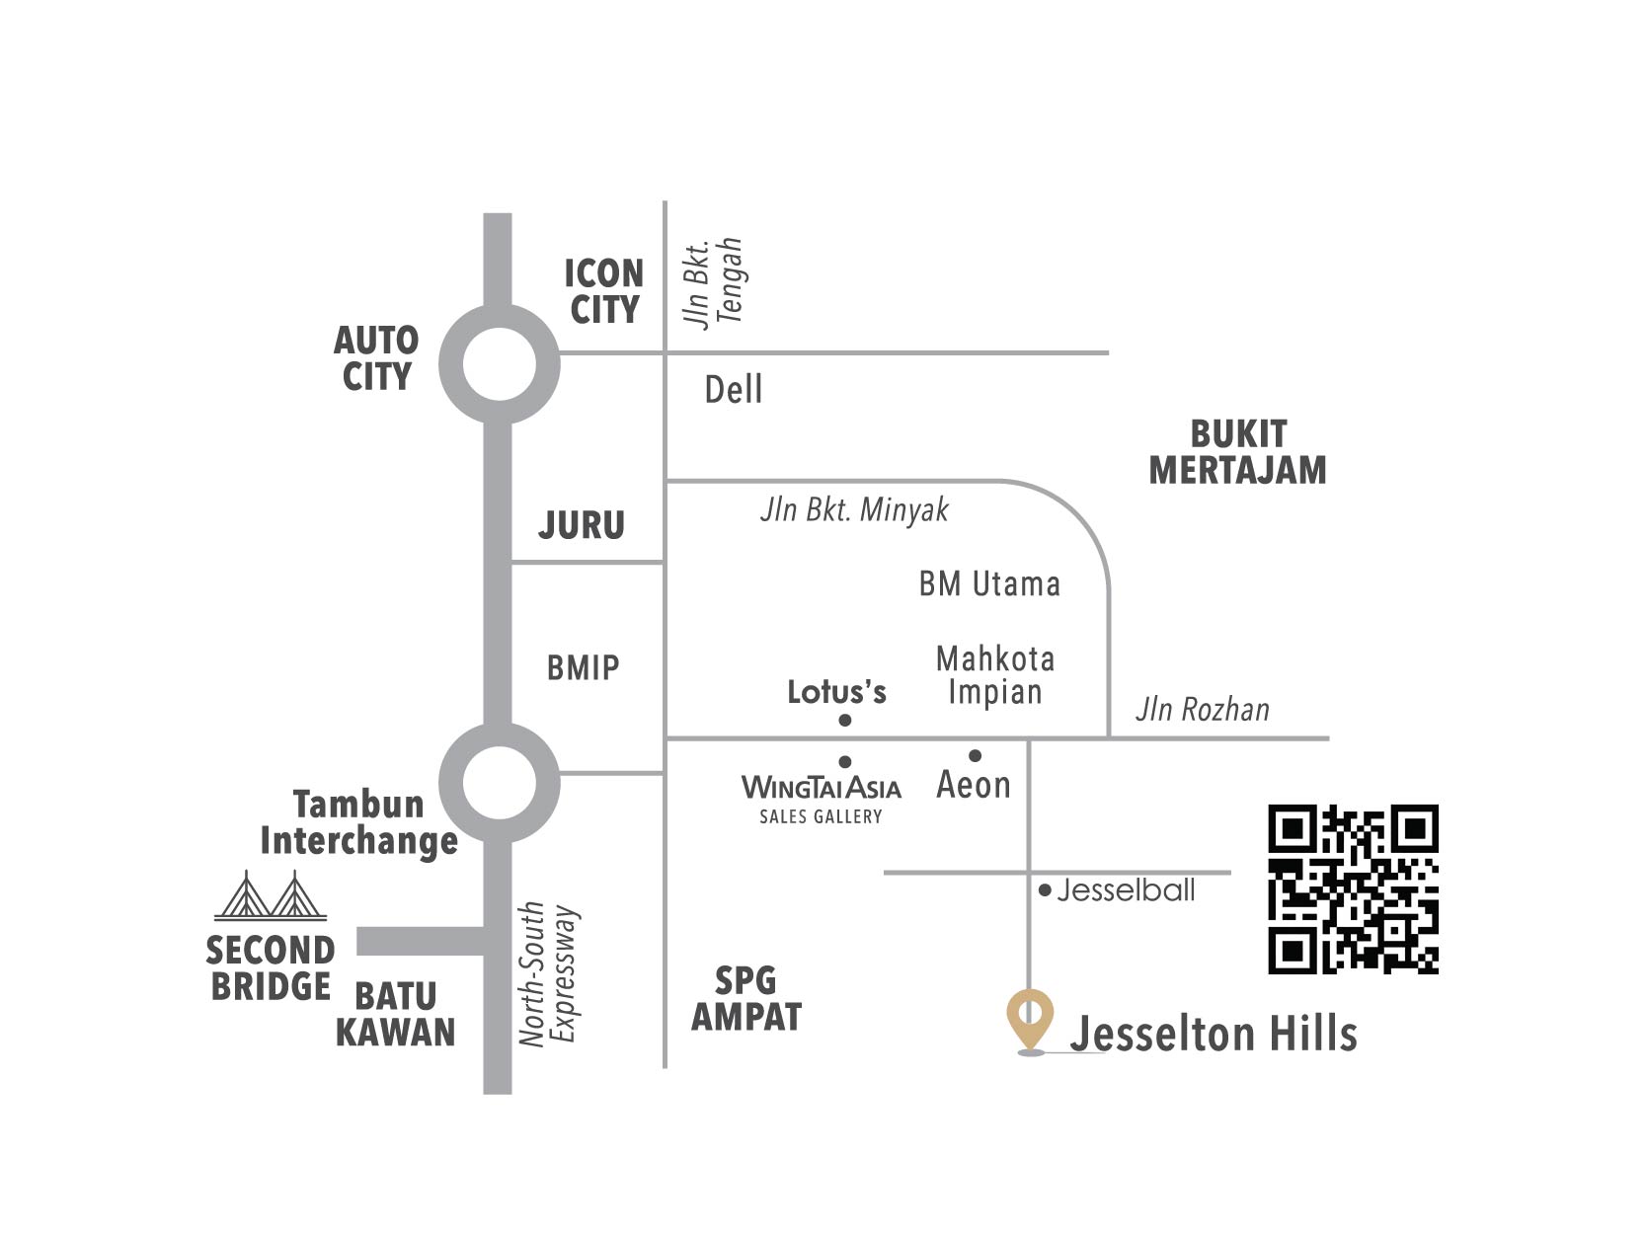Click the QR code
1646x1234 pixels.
point(1353,889)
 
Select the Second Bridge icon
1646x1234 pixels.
point(271,895)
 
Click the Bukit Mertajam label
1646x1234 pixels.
point(1238,453)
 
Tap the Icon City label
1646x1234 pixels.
point(604,291)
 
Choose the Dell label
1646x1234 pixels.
point(734,390)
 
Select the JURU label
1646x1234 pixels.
point(582,525)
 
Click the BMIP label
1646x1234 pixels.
point(584,668)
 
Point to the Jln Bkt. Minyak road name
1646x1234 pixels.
point(854,510)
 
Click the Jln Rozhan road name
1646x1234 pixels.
point(1202,709)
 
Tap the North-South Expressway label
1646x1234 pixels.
point(549,973)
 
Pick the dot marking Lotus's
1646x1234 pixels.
point(845,721)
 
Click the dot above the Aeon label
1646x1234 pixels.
point(975,755)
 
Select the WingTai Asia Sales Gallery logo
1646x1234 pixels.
point(822,800)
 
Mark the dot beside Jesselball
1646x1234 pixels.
point(1046,890)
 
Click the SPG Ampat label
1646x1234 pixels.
point(746,999)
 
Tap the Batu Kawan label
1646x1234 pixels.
point(395,1014)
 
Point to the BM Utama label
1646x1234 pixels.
point(989,584)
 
